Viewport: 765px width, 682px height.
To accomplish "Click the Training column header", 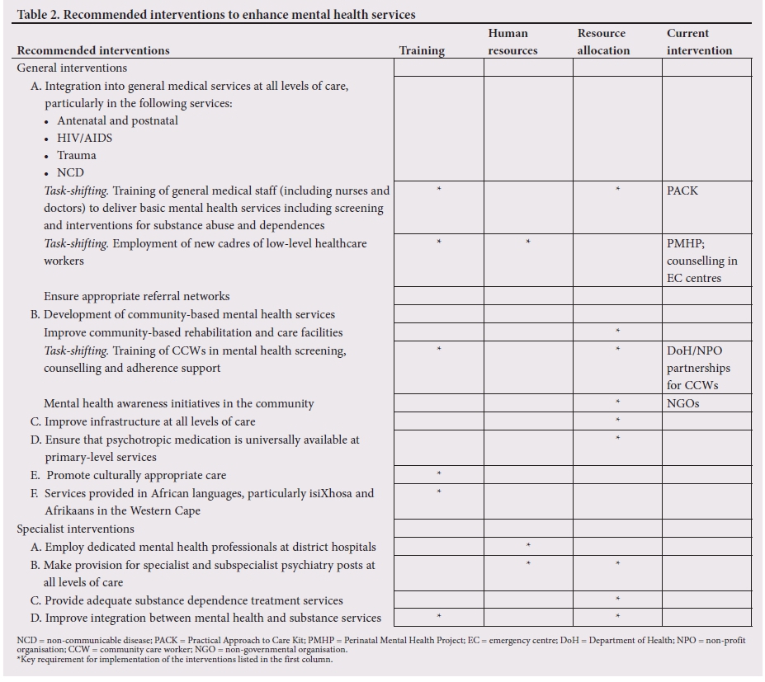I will point(422,50).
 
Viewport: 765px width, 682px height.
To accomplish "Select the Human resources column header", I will point(512,42).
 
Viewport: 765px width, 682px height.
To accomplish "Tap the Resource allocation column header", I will point(602,42).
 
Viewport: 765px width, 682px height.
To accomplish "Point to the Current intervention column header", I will point(699,42).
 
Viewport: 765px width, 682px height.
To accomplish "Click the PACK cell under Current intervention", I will point(682,190).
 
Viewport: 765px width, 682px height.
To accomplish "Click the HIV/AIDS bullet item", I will point(84,138).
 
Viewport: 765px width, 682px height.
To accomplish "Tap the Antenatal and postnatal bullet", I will point(117,120).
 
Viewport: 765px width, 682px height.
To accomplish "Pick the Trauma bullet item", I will point(77,155).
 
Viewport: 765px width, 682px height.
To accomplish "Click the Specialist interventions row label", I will point(75,529).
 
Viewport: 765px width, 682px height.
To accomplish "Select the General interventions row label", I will point(72,68).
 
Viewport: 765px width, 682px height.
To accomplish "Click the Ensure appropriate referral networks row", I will point(137,296).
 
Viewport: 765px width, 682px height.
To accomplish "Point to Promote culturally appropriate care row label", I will point(136,475).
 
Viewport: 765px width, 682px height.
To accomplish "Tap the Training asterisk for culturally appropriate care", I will point(439,474).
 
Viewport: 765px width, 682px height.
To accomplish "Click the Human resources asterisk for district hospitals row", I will point(528,546).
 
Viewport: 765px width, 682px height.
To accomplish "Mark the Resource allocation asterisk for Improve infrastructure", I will point(617,421).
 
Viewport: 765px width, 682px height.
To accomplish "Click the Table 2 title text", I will point(216,14).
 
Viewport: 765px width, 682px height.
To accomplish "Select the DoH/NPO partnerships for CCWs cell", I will point(698,368).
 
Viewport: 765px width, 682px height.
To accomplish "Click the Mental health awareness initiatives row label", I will point(178,404).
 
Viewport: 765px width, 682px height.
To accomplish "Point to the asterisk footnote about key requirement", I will point(174,659).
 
